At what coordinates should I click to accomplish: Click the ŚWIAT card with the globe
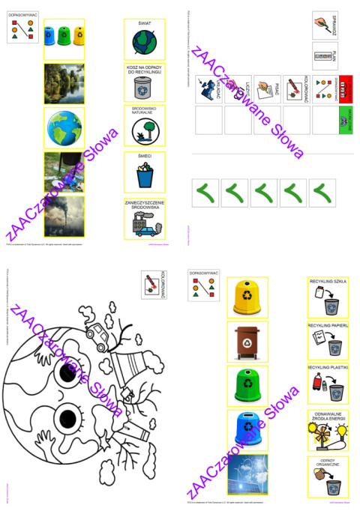tap(145, 38)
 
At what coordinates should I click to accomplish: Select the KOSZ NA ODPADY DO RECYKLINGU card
tap(145, 84)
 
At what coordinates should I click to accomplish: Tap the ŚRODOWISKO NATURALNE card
tap(145, 126)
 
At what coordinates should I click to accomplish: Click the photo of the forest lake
tap(64, 83)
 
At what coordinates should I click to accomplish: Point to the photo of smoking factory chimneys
tap(64, 217)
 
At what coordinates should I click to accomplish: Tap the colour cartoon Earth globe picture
tap(64, 127)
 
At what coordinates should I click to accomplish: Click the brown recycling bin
tap(247, 342)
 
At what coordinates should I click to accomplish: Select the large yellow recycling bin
tap(247, 297)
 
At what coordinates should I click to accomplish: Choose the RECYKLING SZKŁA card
tap(327, 297)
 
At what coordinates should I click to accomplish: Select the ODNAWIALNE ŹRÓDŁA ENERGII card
tap(327, 429)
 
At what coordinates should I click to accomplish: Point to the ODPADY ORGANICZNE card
tap(327, 474)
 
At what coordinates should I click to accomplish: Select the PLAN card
tap(327, 57)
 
